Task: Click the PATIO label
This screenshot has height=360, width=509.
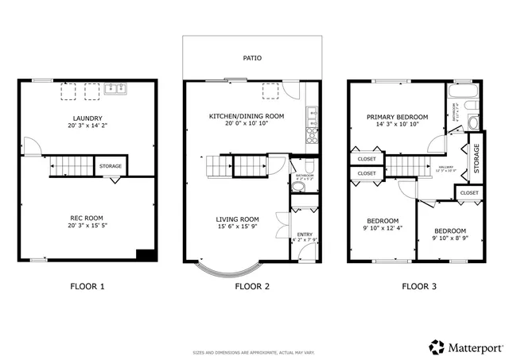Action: click(x=252, y=58)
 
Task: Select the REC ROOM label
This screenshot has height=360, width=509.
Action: click(x=86, y=218)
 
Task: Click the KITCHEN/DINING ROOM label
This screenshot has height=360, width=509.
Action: click(x=249, y=116)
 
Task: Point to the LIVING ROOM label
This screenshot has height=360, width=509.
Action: click(x=238, y=219)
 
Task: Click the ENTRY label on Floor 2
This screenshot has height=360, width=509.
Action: click(x=305, y=234)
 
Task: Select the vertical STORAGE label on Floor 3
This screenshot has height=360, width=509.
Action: click(x=476, y=157)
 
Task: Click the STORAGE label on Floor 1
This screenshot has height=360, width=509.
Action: click(x=111, y=166)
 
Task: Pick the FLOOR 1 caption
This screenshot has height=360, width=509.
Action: click(x=87, y=286)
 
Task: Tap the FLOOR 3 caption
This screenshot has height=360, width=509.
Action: click(x=418, y=286)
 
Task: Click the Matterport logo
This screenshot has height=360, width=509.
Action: click(x=466, y=346)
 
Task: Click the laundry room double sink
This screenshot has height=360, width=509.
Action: click(x=115, y=89)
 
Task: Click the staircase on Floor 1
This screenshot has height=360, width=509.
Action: click(x=71, y=166)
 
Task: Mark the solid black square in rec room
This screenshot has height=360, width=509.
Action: click(x=144, y=255)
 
